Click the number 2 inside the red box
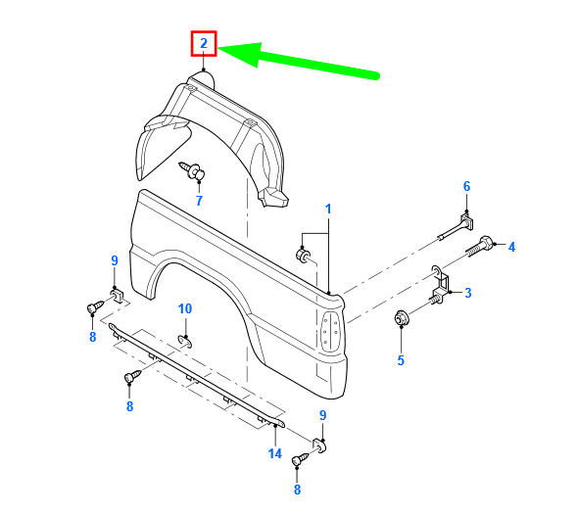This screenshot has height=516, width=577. pos(204,43)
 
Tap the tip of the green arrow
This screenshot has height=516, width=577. pos(221,51)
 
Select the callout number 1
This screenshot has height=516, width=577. pos(328,209)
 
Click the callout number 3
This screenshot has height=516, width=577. pos(467,292)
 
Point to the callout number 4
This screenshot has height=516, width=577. pos(510,247)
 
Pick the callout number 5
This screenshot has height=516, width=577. pos(400,360)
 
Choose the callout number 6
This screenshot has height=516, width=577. pos(466,186)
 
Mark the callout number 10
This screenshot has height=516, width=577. pos(185,309)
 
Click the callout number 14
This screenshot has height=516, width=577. pos(275,454)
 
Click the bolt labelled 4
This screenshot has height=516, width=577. pos(486,247)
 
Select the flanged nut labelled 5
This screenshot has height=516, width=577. pos(401,319)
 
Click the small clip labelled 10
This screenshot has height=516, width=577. pos(185,340)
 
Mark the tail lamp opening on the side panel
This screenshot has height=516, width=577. pos(330,332)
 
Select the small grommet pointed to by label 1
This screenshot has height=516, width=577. pos(305,256)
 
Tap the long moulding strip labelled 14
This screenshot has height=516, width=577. pos(196,373)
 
